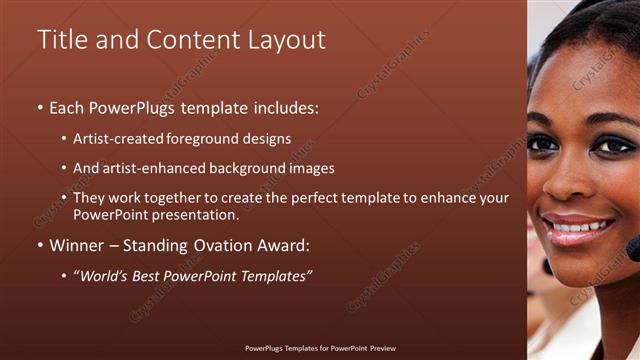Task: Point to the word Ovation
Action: click(x=229, y=244)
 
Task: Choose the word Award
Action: click(x=289, y=244)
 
